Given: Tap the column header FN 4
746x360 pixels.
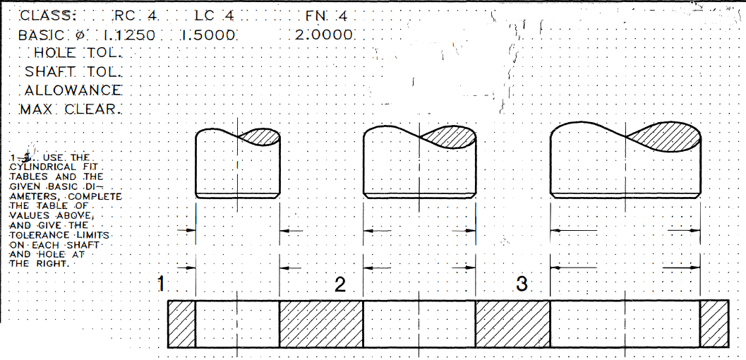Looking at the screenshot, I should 327,16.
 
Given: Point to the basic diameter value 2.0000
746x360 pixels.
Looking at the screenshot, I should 324,35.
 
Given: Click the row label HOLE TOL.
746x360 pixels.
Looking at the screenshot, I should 78,53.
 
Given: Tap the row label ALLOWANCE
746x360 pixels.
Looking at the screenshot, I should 73,90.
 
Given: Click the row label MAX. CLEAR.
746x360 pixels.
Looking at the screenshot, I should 71,109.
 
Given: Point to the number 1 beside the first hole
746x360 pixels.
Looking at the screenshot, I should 162,284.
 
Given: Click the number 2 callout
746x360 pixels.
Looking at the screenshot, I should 340,284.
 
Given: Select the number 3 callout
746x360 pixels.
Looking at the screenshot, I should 522,284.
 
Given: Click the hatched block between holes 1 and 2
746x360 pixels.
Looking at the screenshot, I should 321,324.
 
